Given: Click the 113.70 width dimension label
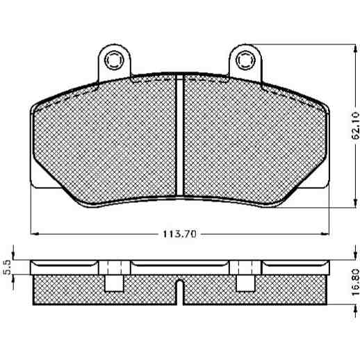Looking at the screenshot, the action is click(180, 234).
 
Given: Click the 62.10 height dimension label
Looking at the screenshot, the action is click(355, 125).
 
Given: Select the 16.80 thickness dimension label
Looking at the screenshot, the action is click(355, 282).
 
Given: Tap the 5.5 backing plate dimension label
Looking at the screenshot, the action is click(8, 267).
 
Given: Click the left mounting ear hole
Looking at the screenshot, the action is click(113, 60).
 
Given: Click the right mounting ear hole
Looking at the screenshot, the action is click(245, 60).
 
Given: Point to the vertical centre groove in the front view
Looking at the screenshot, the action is click(180, 135).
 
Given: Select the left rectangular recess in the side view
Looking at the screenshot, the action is click(114, 283).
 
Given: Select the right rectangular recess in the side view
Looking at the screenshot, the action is click(245, 283).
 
